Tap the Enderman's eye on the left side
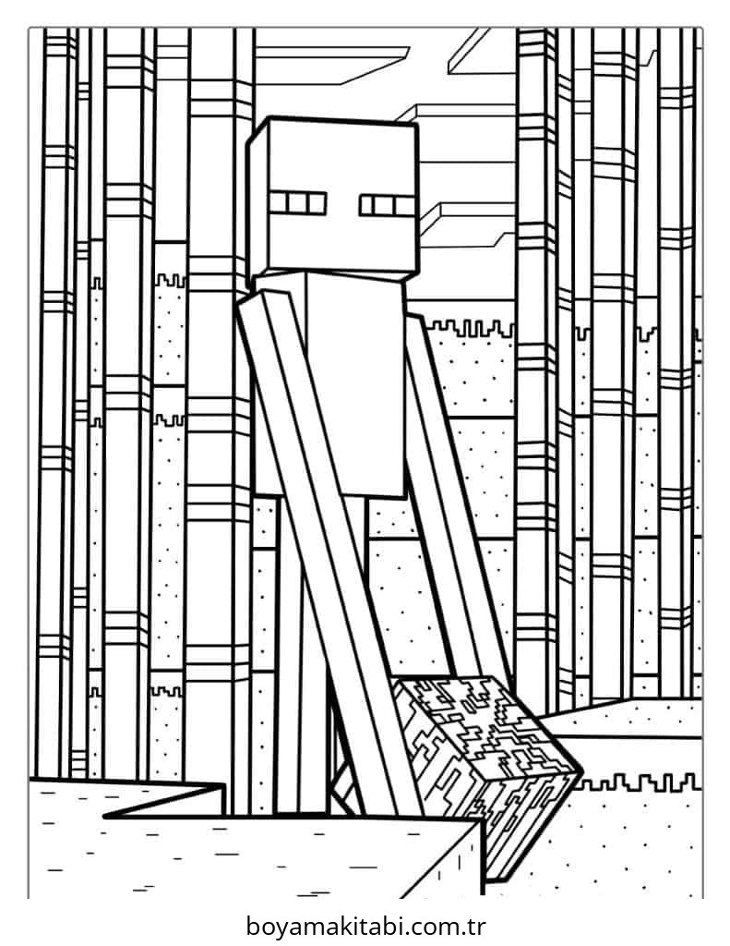[298, 203]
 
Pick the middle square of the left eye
[298, 203]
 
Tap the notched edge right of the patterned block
[638, 783]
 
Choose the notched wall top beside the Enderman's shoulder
[469, 330]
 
